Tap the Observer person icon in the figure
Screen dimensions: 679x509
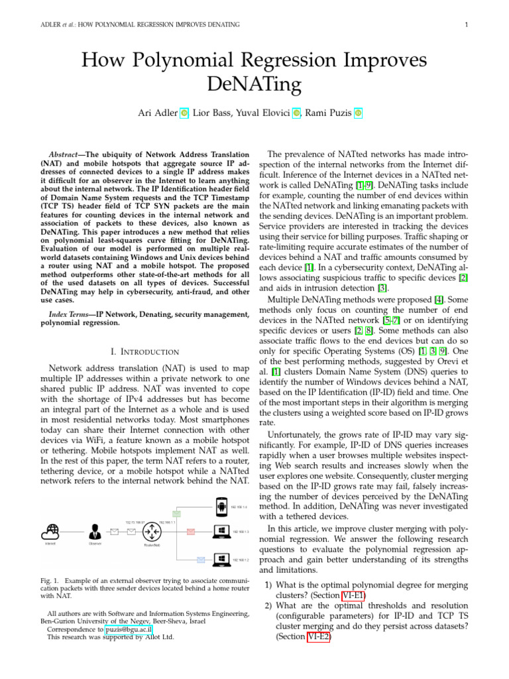[94, 531]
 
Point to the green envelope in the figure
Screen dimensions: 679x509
[176, 513]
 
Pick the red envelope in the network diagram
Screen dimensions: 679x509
[191, 531]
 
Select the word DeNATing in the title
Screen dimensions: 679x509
[254, 85]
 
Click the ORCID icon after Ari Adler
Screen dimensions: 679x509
[184, 113]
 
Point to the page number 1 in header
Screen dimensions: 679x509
[467, 25]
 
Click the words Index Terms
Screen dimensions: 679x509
[69, 312]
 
